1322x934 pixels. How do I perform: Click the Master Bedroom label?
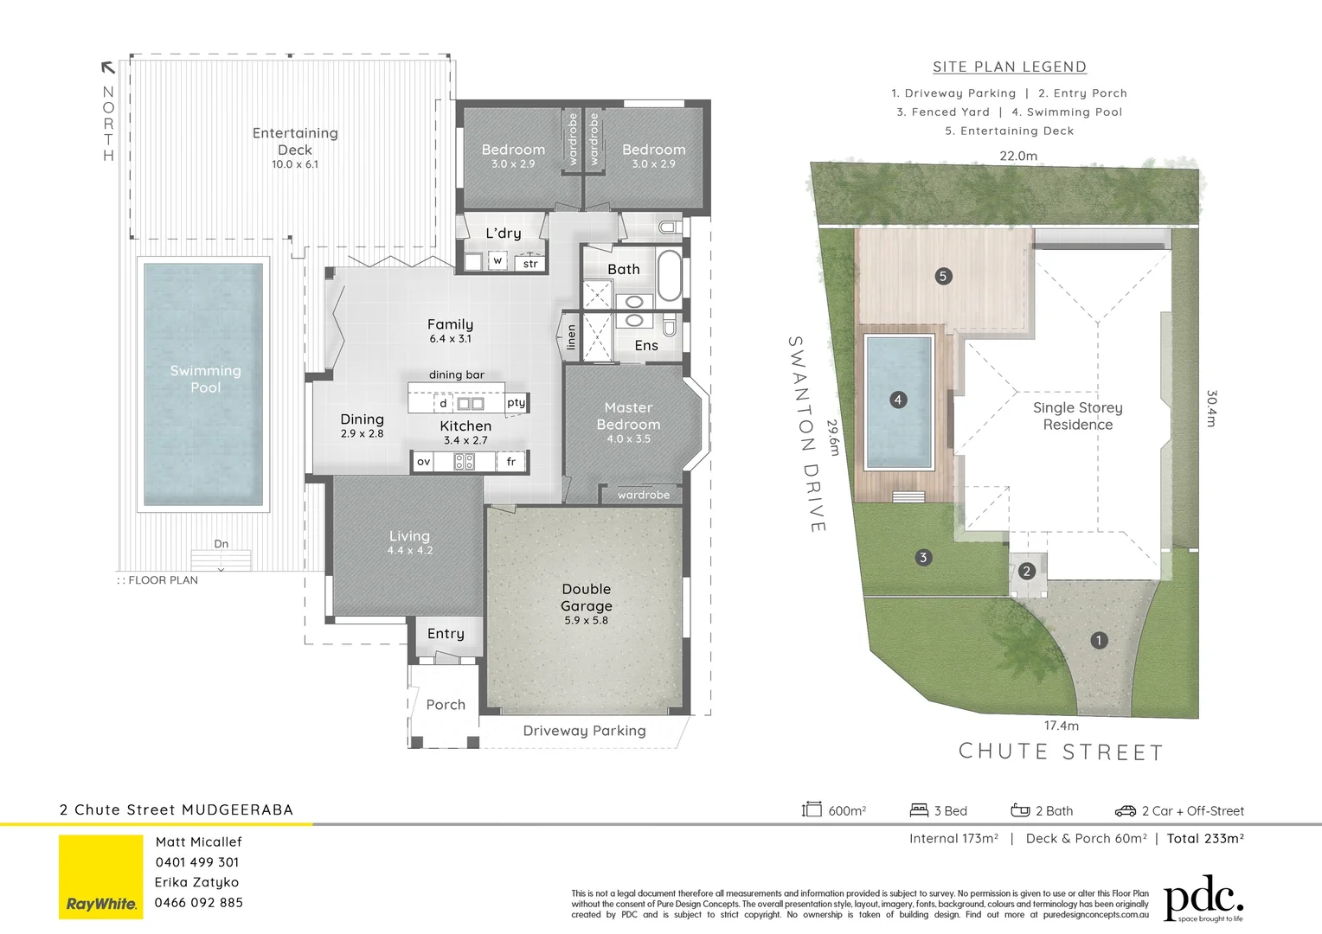click(628, 416)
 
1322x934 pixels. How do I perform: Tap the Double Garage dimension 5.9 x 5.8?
click(586, 620)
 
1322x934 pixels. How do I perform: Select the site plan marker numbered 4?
click(898, 400)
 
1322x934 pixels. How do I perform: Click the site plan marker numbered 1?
click(1099, 640)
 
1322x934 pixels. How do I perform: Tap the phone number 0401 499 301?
click(197, 862)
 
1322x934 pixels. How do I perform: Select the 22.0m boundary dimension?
click(1018, 156)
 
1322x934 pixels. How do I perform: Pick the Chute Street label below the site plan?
click(1061, 752)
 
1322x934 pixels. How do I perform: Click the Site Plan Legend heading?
click(1009, 67)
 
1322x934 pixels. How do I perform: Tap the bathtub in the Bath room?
click(670, 275)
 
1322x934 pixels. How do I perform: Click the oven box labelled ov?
click(423, 462)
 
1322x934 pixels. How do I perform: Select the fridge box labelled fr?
click(511, 462)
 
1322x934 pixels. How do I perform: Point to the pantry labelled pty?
click(517, 402)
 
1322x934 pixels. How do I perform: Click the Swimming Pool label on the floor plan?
click(205, 379)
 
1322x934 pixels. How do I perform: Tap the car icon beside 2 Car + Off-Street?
click(1125, 810)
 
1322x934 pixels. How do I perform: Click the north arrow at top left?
click(108, 67)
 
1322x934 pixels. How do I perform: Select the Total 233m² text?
click(1205, 838)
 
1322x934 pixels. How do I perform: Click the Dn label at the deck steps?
click(221, 544)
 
